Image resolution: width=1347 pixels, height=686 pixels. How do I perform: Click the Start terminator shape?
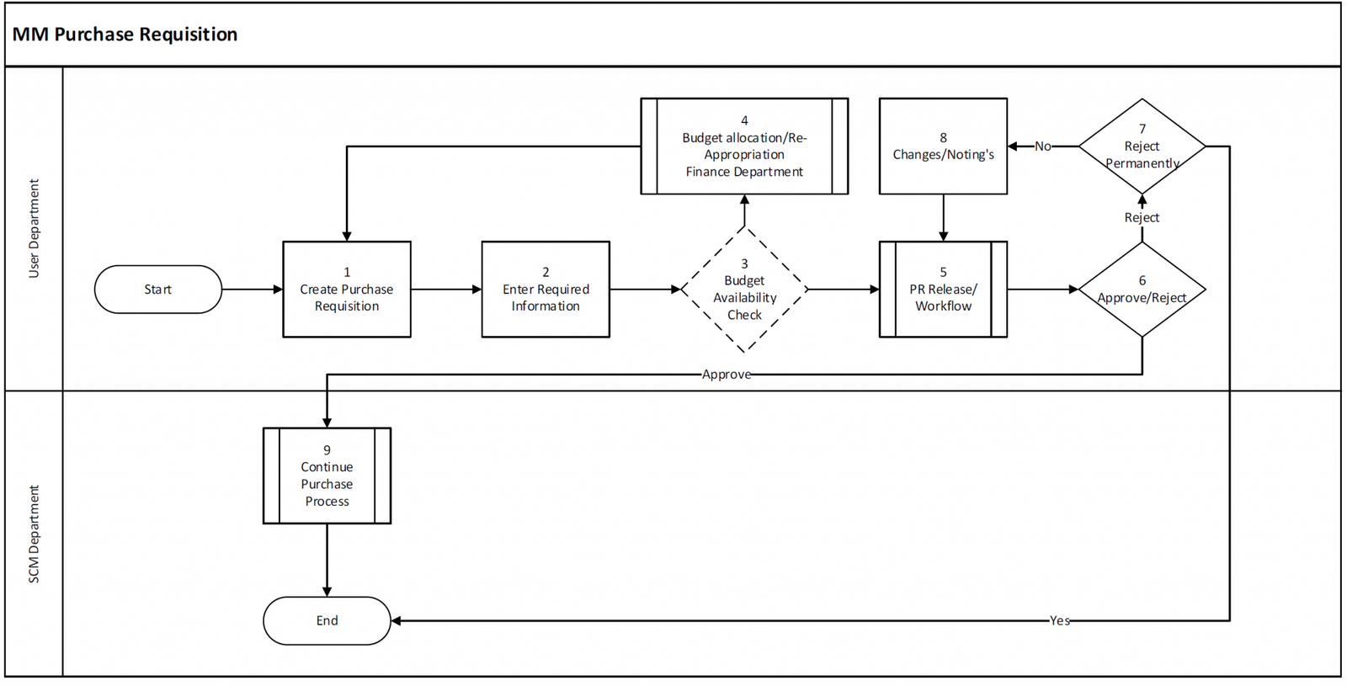(157, 290)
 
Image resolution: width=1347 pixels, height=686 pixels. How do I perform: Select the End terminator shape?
(327, 620)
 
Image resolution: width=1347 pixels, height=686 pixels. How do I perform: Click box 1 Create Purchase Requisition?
(346, 290)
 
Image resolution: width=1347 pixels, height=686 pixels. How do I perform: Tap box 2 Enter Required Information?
(546, 290)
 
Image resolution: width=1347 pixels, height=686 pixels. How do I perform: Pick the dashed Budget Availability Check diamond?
(744, 290)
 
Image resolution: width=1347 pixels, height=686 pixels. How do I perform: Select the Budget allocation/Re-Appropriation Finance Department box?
(744, 146)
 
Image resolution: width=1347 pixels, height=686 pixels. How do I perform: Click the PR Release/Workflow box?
(943, 290)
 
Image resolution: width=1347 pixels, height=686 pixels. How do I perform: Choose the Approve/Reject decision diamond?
(1142, 290)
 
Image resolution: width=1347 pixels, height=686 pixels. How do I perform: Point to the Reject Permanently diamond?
(1142, 146)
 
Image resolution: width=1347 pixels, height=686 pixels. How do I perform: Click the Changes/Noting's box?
(943, 146)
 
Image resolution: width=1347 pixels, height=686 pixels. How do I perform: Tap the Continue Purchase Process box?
(327, 476)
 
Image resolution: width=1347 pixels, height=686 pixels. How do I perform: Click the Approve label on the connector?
(726, 375)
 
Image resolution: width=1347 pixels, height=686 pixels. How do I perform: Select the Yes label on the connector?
(1059, 620)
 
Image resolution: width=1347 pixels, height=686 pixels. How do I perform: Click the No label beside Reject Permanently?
(1042, 146)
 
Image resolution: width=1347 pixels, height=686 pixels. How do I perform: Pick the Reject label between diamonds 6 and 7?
(1142, 217)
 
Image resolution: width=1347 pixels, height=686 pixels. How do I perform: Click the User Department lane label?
(34, 228)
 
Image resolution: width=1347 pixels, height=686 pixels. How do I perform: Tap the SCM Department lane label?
(34, 534)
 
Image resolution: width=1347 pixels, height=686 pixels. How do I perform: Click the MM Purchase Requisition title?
(125, 35)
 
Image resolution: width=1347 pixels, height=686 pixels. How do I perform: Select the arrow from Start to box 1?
(252, 290)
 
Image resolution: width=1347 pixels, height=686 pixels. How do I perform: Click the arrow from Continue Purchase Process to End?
(327, 560)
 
